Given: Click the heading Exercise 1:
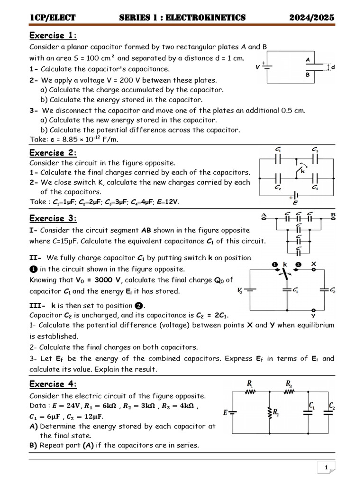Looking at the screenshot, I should coord(53,36).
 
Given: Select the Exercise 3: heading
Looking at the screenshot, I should coord(53,218).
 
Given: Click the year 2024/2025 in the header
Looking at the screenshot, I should coord(312,18).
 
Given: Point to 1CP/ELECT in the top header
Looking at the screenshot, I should coord(53,18).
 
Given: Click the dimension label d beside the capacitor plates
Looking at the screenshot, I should coord(333,67).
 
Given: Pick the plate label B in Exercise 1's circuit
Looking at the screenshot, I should coord(308,75).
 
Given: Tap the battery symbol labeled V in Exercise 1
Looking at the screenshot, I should coord(269,67).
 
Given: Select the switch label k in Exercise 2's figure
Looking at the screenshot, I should coord(302,172).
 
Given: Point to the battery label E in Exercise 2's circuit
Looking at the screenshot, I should coord(296,203).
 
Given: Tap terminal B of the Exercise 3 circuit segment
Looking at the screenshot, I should coord(333,215).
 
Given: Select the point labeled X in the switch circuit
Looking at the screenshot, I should coord(313,263).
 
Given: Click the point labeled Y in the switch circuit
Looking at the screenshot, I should coord(313,315).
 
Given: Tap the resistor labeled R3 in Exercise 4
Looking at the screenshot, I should coord(289,392).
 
